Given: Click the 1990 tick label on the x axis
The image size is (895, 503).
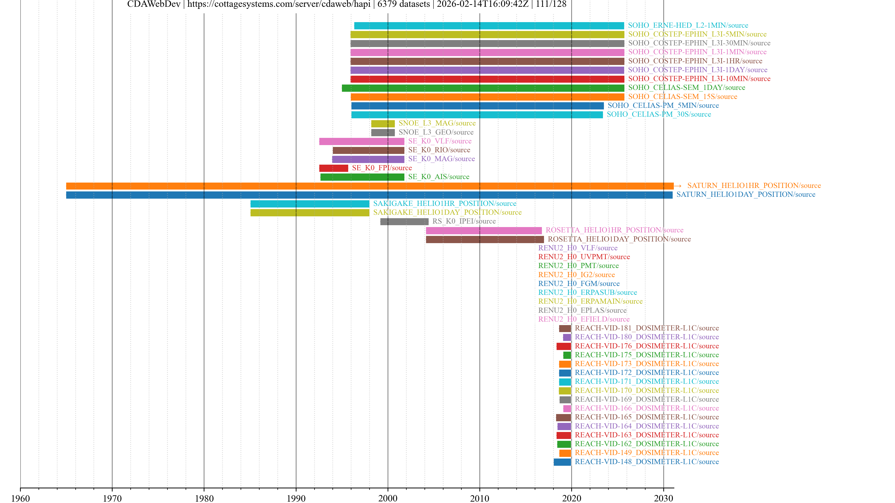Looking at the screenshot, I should [296, 498].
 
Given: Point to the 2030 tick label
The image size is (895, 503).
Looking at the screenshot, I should [663, 498].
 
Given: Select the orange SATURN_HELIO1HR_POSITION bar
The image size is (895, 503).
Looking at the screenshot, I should [369, 186].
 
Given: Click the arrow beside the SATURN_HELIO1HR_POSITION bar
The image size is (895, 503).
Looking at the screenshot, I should [678, 186].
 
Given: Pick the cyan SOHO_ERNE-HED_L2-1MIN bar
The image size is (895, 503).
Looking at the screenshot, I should [489, 26].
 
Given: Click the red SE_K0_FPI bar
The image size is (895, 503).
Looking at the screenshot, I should [334, 168].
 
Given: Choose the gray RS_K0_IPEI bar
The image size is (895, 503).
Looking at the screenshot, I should [404, 221].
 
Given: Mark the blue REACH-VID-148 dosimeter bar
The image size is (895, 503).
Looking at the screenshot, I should [562, 462].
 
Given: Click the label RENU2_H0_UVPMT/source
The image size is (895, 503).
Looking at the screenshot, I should [584, 257].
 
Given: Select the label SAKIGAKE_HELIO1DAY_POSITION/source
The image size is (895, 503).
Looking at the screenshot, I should [447, 212].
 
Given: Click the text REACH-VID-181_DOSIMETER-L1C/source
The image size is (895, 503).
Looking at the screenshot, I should [647, 328].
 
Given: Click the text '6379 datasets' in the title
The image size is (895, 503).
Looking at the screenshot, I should [403, 4].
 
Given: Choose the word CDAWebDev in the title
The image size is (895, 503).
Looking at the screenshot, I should [154, 4].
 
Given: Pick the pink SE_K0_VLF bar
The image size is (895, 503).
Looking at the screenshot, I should [362, 141].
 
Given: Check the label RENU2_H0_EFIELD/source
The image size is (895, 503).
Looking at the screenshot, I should [584, 319].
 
